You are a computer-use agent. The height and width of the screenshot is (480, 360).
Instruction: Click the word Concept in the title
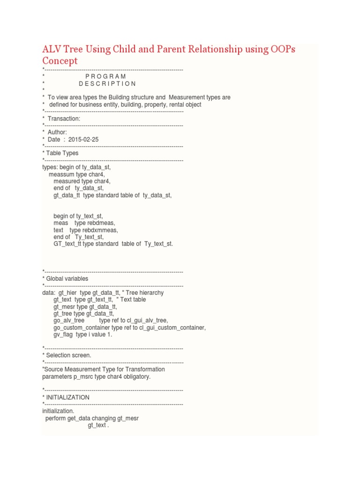pos(60,61)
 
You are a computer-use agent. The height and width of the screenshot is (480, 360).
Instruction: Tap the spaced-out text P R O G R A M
pos(106,76)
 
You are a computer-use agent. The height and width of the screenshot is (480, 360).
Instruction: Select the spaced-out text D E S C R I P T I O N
pos(107,84)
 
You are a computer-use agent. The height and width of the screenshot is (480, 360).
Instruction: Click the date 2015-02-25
pos(83,140)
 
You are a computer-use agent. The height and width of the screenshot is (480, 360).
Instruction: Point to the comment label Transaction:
pos(64,119)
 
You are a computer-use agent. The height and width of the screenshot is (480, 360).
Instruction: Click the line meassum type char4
pos(77,174)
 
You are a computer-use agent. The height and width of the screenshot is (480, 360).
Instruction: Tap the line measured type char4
pos(82,181)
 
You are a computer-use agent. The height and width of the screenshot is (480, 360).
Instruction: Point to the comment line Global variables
pos(67,278)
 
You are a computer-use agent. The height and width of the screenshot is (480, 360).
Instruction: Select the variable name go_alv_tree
pos(69,320)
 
